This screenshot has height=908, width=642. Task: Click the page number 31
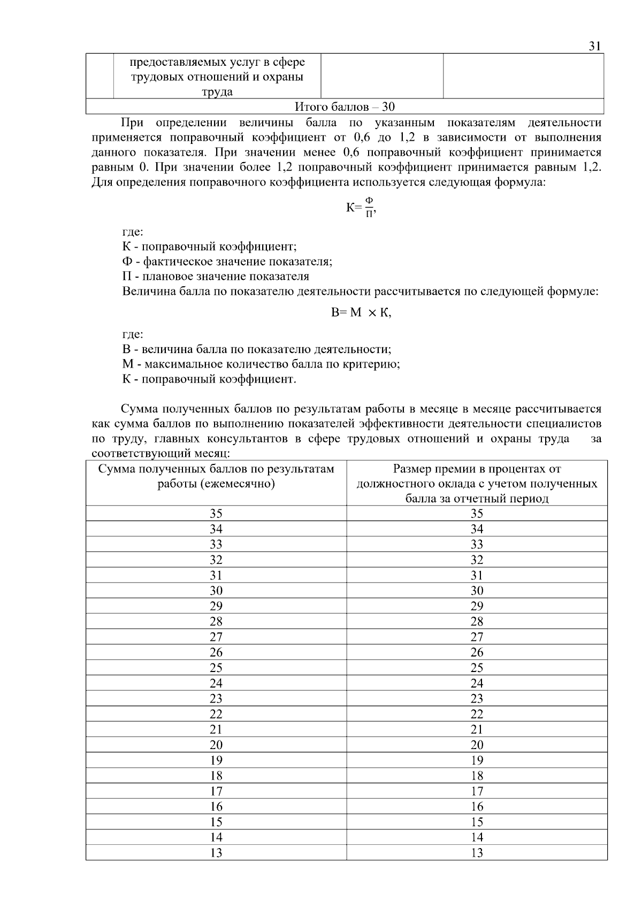point(594,46)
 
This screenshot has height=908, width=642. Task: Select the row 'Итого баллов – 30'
point(345,106)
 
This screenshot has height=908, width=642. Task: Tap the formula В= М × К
point(361,313)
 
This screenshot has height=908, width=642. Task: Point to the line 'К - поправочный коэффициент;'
point(209,247)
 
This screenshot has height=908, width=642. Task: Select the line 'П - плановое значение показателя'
point(216,277)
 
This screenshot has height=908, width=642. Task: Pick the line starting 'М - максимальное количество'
point(261,364)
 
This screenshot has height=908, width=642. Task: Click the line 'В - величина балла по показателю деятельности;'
point(257,349)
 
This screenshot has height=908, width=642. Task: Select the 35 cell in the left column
point(216,514)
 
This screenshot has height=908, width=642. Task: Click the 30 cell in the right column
point(477,591)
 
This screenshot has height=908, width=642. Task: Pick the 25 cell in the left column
point(216,668)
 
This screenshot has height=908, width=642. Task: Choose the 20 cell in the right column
point(477,745)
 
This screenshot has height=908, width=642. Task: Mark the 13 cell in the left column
point(216,853)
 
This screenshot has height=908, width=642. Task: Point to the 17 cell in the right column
point(477,791)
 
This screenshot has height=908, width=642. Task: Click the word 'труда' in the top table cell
point(217,91)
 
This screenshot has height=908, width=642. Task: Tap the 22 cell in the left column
point(216,714)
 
